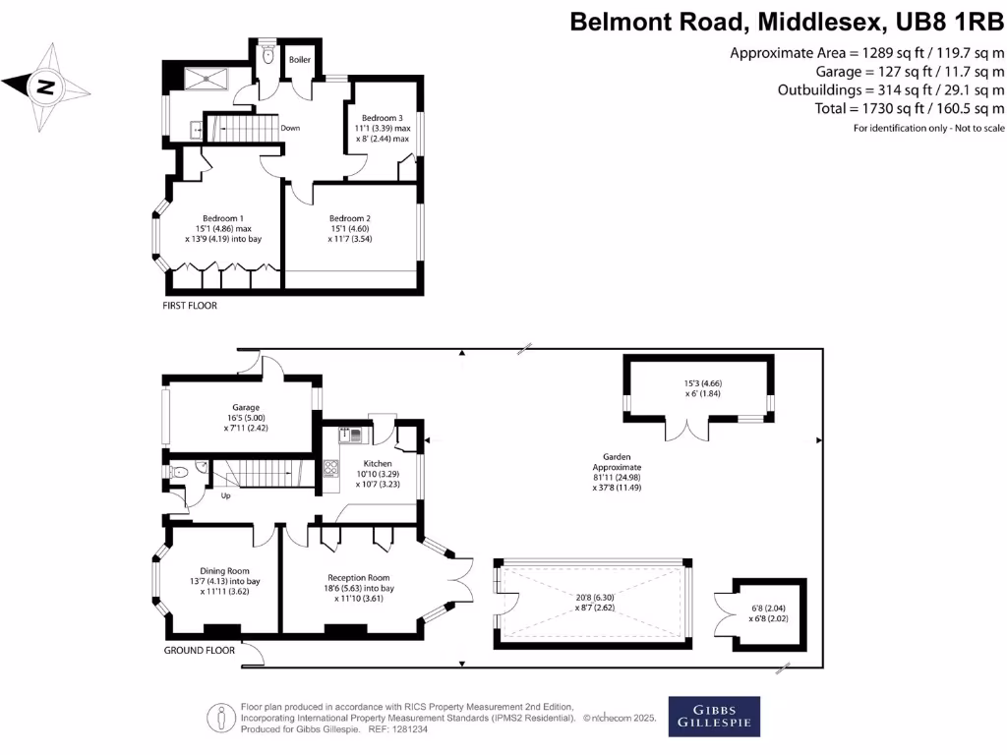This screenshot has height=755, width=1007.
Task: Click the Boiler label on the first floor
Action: pos(299,60)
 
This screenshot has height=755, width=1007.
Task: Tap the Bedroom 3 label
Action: pos(383,118)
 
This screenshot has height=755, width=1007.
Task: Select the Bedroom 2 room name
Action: pos(350,218)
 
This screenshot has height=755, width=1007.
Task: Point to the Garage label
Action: pos(246,407)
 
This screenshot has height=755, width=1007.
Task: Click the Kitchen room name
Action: pos(378,464)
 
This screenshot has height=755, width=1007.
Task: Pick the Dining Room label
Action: pos(225,571)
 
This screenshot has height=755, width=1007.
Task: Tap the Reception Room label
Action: pos(358,578)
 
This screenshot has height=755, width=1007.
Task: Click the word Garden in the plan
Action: pos(617,457)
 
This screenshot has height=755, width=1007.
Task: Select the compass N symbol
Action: pos(45,87)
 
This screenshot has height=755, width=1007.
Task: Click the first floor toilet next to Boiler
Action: pos(267,55)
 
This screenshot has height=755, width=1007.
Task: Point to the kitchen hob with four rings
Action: pos(330,468)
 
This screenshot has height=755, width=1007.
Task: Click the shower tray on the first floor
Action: pos(207,79)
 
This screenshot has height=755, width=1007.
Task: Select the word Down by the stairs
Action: pos(290,129)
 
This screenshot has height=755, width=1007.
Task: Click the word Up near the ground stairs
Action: pos(226,495)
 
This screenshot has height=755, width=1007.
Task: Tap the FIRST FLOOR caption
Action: pos(190,306)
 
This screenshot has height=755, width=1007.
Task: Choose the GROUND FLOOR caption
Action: pos(200,651)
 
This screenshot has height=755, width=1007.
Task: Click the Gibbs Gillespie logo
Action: pos(714,717)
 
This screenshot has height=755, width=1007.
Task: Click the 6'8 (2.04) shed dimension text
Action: pos(769,609)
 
